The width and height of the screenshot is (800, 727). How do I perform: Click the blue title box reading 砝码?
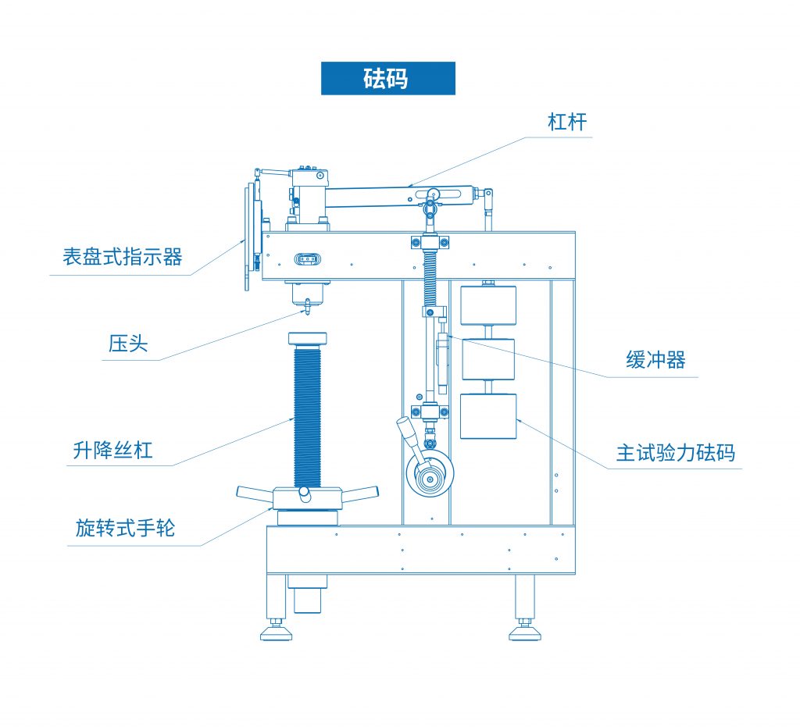(x=387, y=79)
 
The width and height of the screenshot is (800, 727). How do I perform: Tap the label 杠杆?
(x=567, y=122)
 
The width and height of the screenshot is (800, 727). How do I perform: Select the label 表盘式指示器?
(x=122, y=256)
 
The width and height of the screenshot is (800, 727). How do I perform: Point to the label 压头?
(x=128, y=343)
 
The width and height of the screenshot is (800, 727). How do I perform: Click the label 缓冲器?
(x=655, y=360)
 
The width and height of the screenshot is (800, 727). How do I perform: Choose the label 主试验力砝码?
(x=676, y=453)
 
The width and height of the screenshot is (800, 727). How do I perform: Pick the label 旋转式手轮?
(x=126, y=528)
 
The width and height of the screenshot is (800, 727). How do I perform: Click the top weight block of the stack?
(x=488, y=305)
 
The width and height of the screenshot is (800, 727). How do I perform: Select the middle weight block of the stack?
(x=488, y=359)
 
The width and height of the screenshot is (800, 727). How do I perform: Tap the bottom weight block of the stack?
(x=488, y=416)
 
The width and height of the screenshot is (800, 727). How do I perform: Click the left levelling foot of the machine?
(x=276, y=631)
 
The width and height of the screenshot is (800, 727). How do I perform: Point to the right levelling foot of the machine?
(x=524, y=631)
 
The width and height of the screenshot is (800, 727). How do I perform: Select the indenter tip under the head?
(x=307, y=308)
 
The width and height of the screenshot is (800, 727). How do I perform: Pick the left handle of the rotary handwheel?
(x=255, y=492)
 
